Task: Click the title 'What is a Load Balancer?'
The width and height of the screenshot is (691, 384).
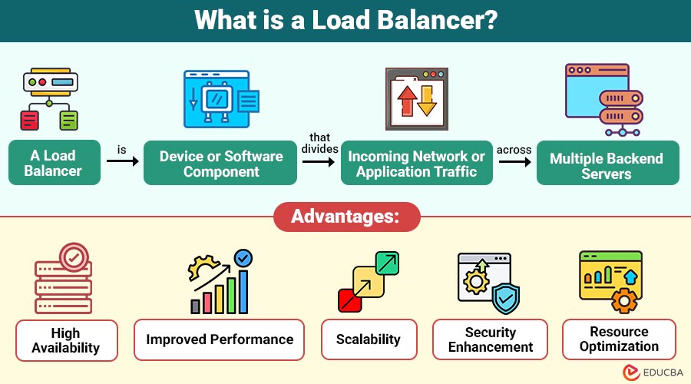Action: point(345,20)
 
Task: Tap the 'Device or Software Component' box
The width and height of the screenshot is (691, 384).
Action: point(220,163)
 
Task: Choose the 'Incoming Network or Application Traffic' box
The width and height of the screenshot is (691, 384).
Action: point(416,163)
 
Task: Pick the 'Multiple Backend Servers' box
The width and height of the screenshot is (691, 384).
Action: point(607,163)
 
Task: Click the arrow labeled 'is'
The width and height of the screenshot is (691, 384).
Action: point(121,162)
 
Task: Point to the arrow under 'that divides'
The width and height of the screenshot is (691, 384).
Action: point(319,162)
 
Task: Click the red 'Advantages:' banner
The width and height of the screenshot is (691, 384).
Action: point(345,217)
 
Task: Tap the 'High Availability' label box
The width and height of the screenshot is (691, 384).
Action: point(66,340)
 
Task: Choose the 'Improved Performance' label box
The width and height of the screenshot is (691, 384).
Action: point(220,339)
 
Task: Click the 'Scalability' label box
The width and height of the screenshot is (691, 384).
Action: point(369,339)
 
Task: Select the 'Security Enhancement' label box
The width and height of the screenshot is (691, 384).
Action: point(490,339)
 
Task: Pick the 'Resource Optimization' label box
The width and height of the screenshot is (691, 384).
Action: point(619,339)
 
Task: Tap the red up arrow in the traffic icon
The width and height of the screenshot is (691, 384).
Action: point(406,101)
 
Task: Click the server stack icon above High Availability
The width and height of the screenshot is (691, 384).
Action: point(64,281)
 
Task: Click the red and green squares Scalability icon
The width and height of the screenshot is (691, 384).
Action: point(369,281)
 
